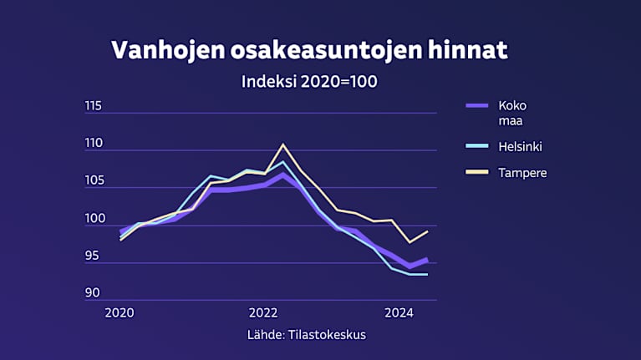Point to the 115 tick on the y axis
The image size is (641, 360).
coord(93,105)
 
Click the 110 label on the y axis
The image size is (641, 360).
coord(93,143)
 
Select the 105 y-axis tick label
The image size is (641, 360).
coord(93,180)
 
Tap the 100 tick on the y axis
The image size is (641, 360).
coord(93,218)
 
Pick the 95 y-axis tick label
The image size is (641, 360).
coord(93,256)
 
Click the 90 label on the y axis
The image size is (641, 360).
coord(93,292)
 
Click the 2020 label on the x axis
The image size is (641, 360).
coord(120,313)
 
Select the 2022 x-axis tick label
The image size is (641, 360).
coord(262,313)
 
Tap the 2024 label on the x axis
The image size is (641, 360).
coord(399,313)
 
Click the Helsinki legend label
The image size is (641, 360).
coord(521,147)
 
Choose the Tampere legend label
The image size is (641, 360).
coord(522,173)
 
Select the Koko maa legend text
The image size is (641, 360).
coord(512,113)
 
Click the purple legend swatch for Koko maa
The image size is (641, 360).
coord(476,105)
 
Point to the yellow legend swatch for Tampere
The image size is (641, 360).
coord(476,173)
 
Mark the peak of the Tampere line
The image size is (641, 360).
coord(282,145)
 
